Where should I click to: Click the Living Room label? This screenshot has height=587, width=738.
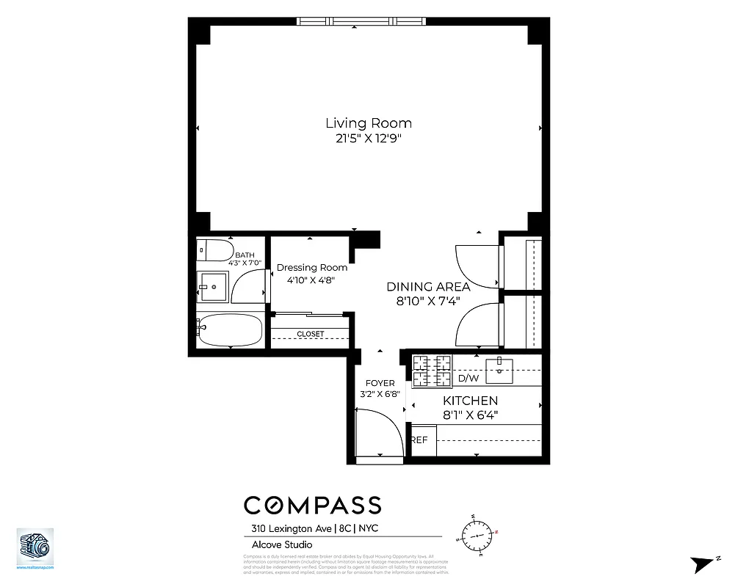pyautogui.click(x=369, y=123)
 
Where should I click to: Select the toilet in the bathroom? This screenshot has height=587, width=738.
pyautogui.click(x=213, y=249)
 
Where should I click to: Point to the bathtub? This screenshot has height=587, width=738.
pyautogui.click(x=229, y=330)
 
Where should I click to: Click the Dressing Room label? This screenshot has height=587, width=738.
pyautogui.click(x=312, y=268)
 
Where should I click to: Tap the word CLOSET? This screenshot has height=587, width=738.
pyautogui.click(x=310, y=335)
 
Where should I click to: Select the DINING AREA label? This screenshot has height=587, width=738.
pyautogui.click(x=428, y=287)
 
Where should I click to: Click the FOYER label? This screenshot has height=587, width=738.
pyautogui.click(x=380, y=383)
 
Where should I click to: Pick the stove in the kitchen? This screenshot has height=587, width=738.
pyautogui.click(x=431, y=371)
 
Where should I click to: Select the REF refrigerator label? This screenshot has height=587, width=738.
pyautogui.click(x=419, y=440)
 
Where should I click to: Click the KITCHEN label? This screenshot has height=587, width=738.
pyautogui.click(x=470, y=401)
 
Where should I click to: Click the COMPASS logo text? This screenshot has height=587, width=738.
pyautogui.click(x=312, y=506)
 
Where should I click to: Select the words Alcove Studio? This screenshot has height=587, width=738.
pyautogui.click(x=278, y=544)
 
